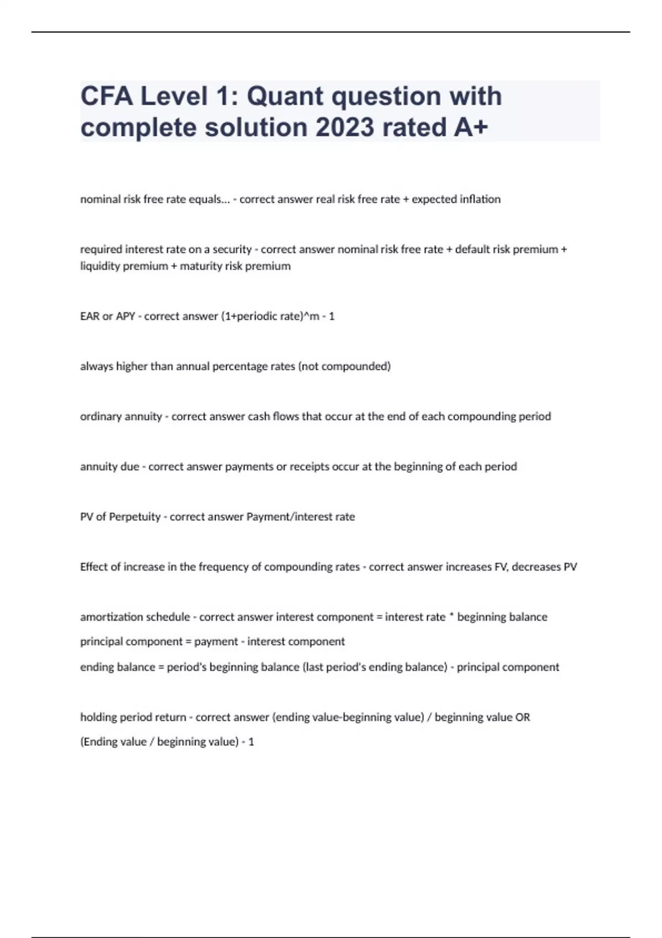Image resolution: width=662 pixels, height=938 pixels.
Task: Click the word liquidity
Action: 100,266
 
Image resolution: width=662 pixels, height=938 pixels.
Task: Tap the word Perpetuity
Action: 135,517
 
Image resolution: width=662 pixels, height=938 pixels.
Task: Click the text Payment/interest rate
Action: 300,517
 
